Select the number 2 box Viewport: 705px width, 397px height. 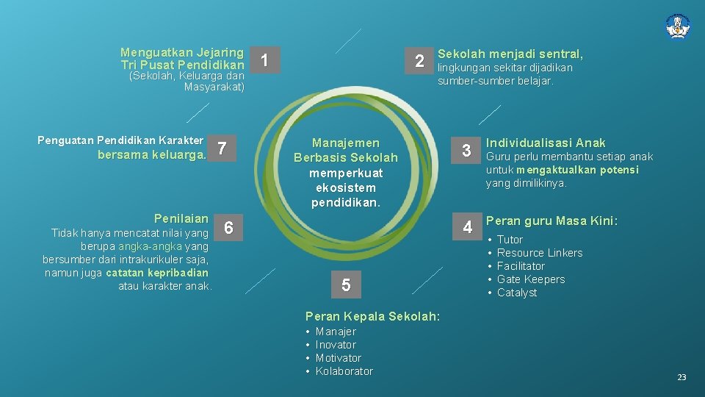[x=419, y=61]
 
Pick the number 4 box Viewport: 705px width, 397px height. [x=467, y=227]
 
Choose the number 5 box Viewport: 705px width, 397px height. [x=344, y=285]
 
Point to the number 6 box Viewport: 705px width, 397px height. [x=229, y=228]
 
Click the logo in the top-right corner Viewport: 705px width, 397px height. [x=677, y=26]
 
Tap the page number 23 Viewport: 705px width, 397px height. [x=681, y=376]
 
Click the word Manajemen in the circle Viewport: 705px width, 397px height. [x=346, y=143]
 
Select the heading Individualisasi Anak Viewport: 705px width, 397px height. [x=546, y=143]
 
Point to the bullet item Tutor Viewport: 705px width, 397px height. [x=510, y=240]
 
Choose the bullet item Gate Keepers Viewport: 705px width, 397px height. [x=531, y=279]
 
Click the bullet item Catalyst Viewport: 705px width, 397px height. [x=517, y=293]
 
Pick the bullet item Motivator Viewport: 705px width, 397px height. [x=338, y=358]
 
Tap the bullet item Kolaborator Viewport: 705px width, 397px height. [x=344, y=371]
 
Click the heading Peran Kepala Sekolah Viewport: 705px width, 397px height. [x=372, y=316]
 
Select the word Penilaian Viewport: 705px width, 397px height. [x=181, y=218]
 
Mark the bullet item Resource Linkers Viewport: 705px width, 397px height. [x=539, y=253]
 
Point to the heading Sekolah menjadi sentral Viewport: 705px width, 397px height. [x=510, y=54]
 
